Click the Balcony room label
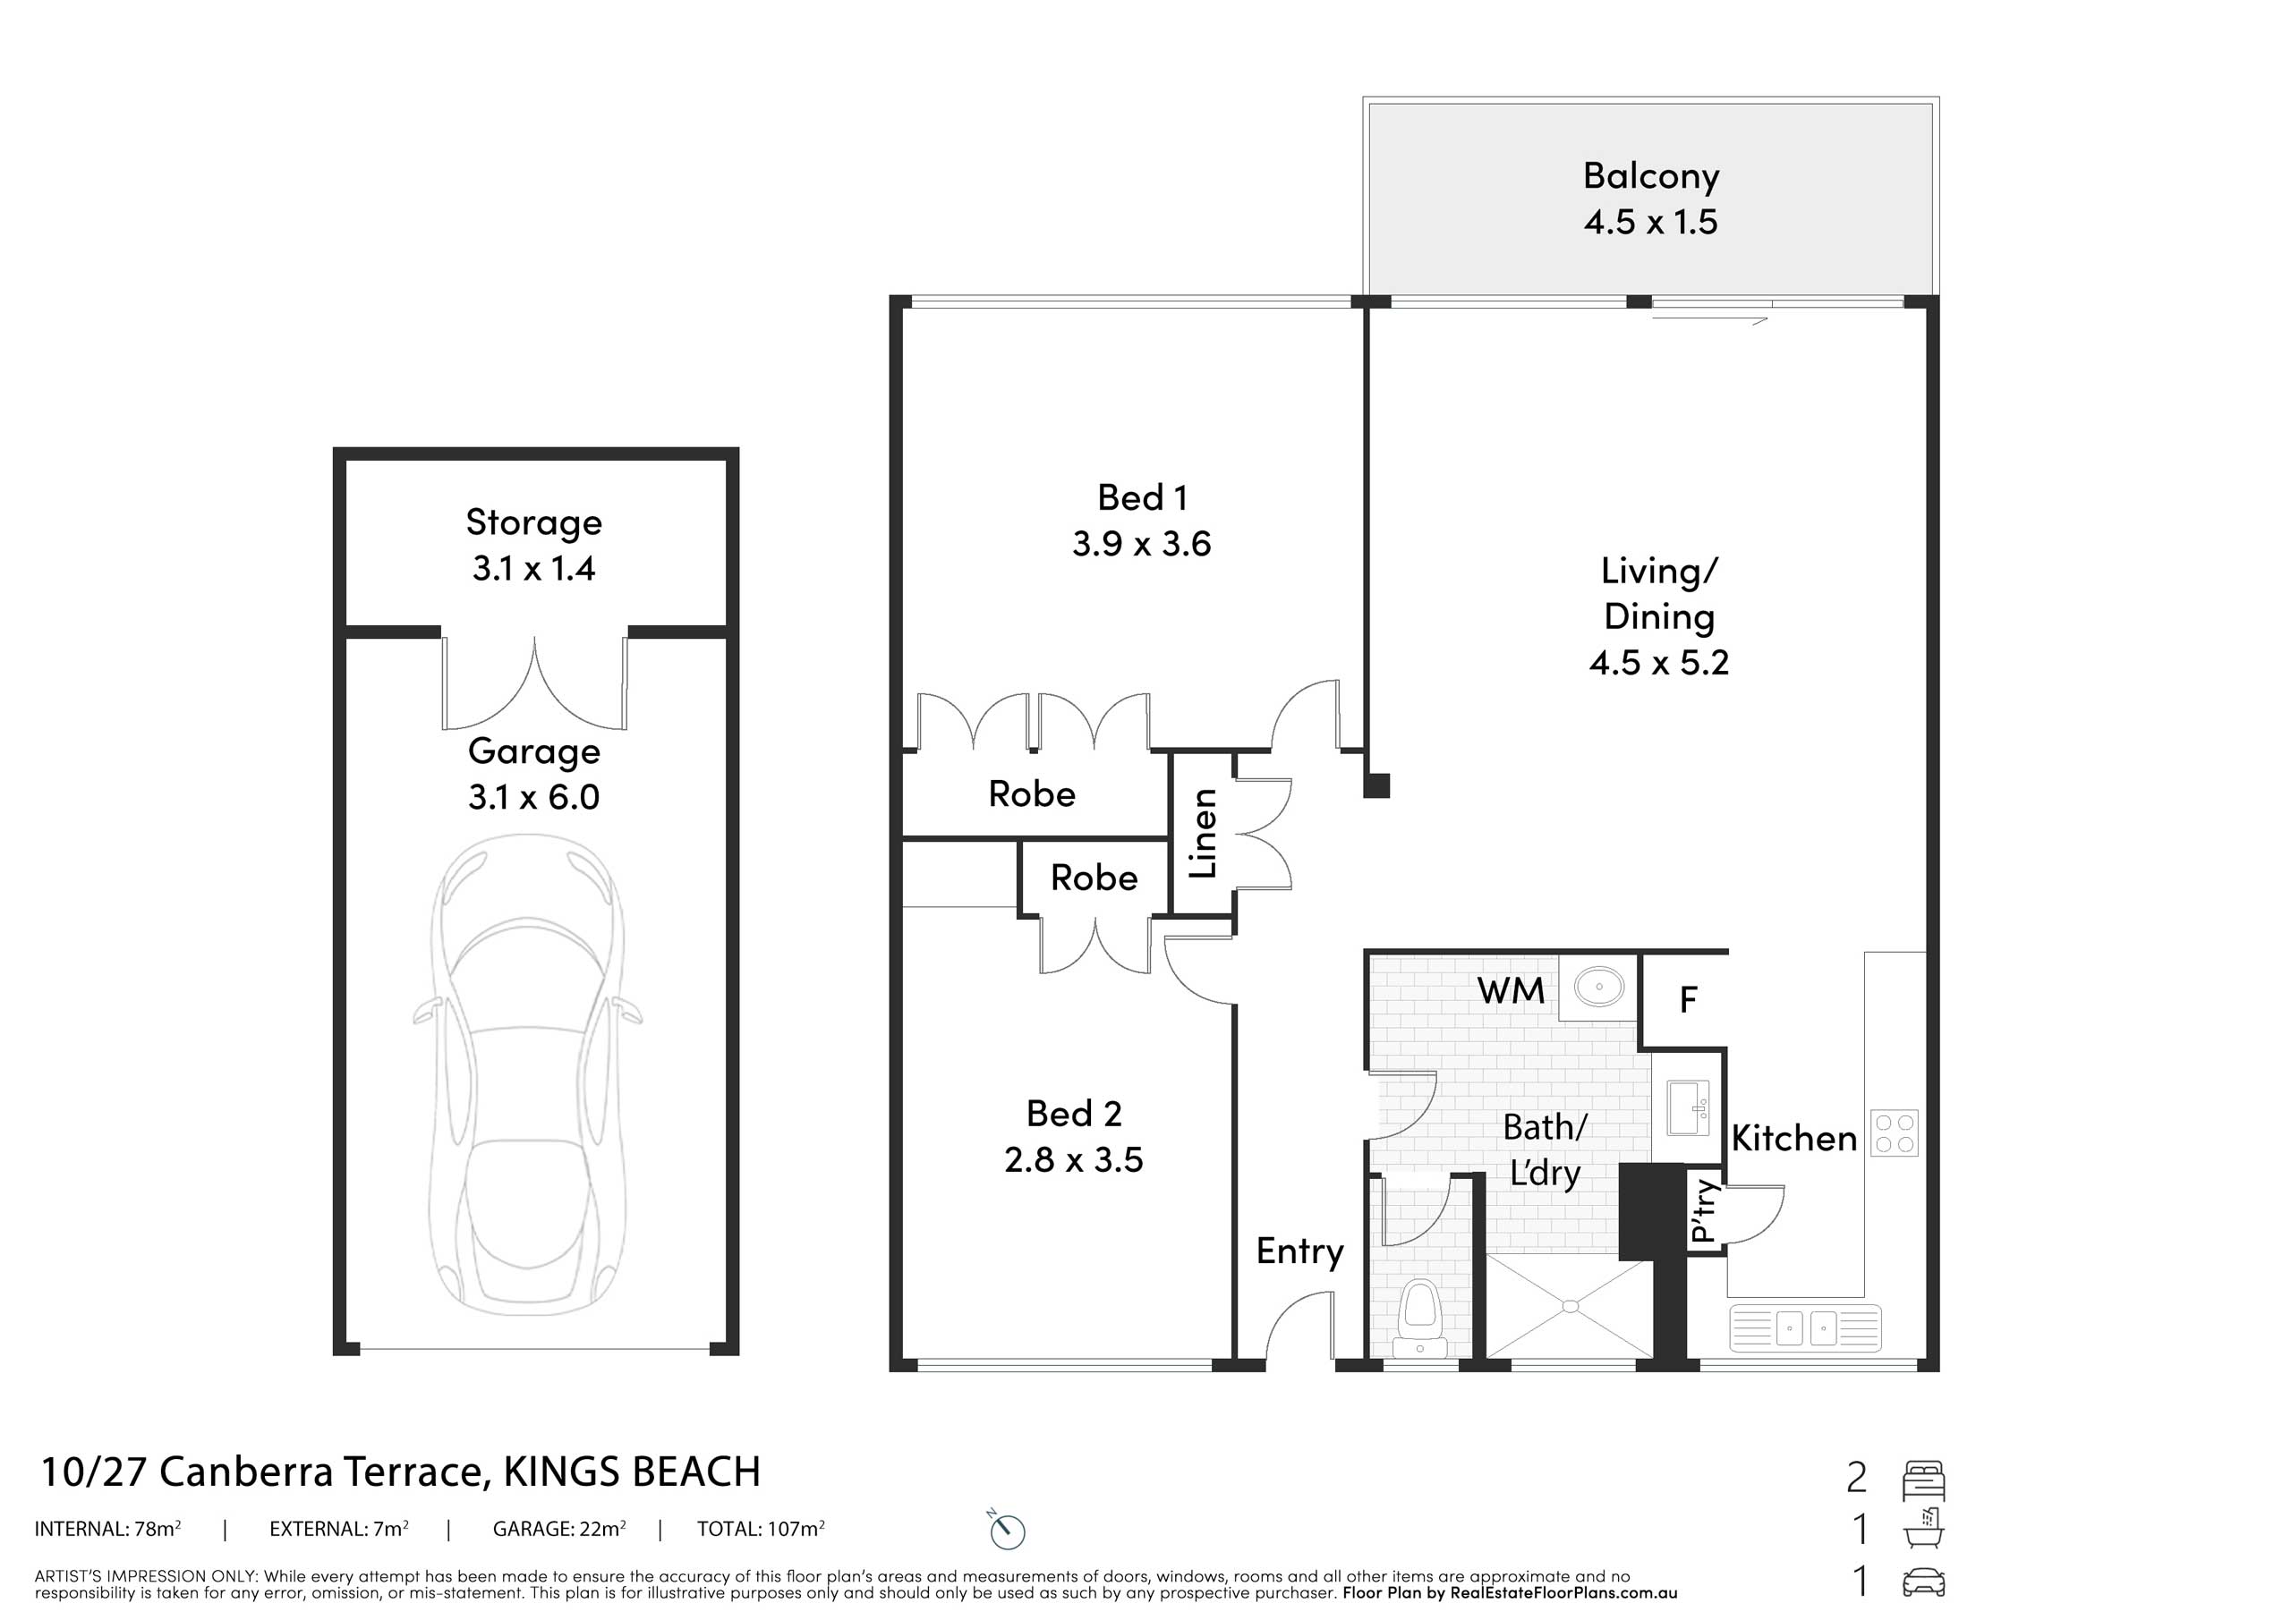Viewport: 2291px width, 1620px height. (x=1650, y=175)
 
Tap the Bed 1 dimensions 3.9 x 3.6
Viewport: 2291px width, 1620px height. (x=1142, y=544)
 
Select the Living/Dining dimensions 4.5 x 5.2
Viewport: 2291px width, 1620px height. (x=1658, y=662)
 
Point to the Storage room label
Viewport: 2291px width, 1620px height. (x=534, y=522)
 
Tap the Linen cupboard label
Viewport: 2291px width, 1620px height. (x=1204, y=833)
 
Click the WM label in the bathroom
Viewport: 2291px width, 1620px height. (x=1511, y=990)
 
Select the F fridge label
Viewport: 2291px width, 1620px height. (x=1689, y=999)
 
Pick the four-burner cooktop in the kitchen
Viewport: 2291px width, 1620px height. (x=1894, y=1133)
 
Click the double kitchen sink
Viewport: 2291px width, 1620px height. (x=1804, y=1327)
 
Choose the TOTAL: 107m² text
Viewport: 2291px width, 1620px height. (x=761, y=1528)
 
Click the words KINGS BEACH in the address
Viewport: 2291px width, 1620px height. (x=632, y=1472)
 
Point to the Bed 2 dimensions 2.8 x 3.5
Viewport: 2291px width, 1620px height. (x=1074, y=1159)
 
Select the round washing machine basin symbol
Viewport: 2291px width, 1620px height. (x=1598, y=987)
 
